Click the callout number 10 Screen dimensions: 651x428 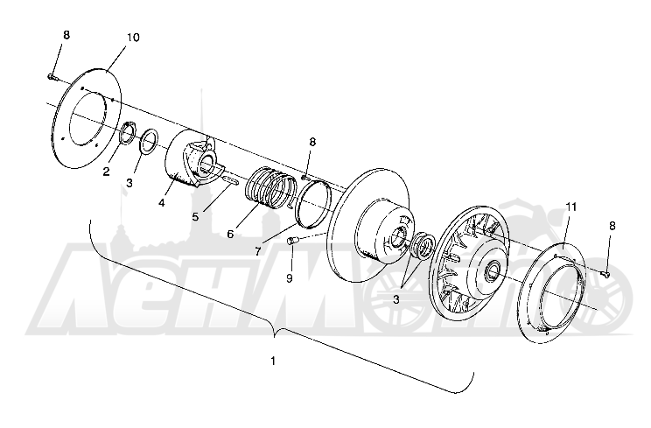point(133,38)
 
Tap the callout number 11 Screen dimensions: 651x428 point(571,207)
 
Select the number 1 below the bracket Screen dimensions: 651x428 point(273,361)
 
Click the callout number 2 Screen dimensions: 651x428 point(106,171)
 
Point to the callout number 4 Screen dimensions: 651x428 point(162,202)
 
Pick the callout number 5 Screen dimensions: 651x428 point(195,217)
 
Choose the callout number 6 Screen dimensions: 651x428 point(230,235)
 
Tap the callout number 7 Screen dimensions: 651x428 point(258,251)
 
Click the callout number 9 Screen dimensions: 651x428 point(290,278)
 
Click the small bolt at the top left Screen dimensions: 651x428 point(52,76)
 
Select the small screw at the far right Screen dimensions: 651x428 point(605,273)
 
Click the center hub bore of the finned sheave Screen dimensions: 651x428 point(493,270)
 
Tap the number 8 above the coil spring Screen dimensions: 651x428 point(312,143)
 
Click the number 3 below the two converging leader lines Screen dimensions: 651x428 point(395,298)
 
